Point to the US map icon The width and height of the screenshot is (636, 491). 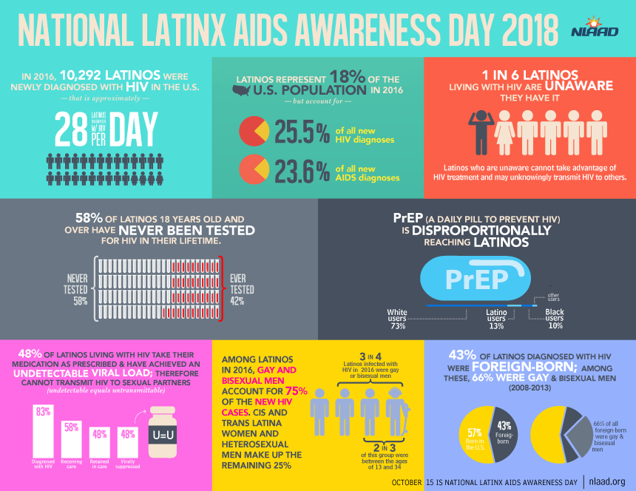[243, 92]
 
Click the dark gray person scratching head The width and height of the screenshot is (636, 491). [481, 133]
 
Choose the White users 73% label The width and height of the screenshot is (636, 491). [397, 318]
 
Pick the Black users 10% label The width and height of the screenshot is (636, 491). [554, 318]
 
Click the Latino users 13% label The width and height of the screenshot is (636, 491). [495, 318]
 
